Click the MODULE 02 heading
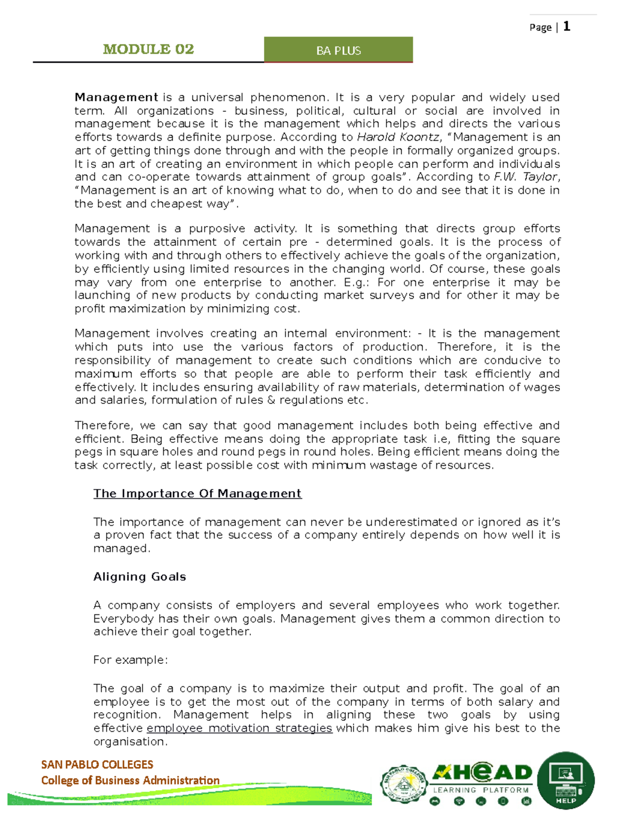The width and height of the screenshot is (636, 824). click(x=148, y=49)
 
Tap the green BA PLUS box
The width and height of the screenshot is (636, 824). click(x=338, y=50)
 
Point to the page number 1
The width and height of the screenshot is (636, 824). click(x=567, y=27)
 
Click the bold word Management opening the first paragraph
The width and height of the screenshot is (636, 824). click(x=116, y=98)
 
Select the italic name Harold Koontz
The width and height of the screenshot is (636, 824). click(x=398, y=137)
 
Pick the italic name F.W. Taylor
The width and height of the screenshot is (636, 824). click(x=525, y=177)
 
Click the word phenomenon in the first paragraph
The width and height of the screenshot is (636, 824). click(x=289, y=98)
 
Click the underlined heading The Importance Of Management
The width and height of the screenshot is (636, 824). click(x=197, y=494)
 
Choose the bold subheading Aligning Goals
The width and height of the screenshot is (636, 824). click(x=139, y=577)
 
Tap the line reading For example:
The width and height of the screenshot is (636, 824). click(x=130, y=660)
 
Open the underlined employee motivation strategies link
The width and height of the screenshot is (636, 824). click(x=239, y=728)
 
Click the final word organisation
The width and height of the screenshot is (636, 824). click(x=130, y=742)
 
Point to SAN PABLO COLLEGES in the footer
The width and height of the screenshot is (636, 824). click(x=97, y=765)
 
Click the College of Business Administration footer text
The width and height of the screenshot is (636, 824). click(x=130, y=780)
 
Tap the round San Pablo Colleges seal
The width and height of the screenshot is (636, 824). click(x=404, y=784)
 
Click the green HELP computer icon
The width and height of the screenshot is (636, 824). click(x=566, y=780)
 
